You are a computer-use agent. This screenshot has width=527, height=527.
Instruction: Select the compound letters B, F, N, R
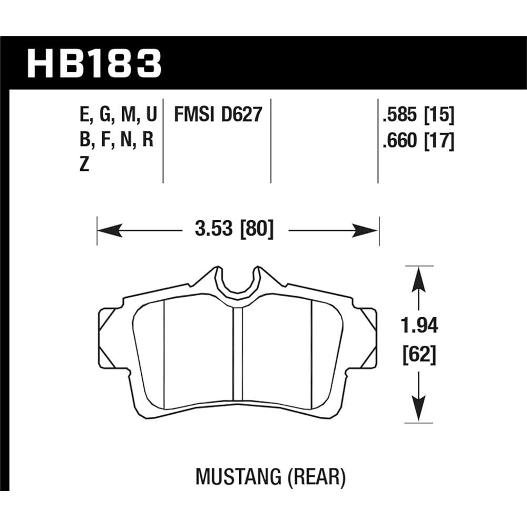(116, 141)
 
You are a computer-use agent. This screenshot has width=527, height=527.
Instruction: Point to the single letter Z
(85, 165)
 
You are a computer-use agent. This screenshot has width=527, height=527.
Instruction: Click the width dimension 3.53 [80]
(235, 230)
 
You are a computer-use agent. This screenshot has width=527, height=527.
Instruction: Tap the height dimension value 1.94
(419, 326)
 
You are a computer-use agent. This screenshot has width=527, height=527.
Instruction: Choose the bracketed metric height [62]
(419, 356)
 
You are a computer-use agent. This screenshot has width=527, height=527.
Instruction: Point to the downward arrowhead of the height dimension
(418, 411)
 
